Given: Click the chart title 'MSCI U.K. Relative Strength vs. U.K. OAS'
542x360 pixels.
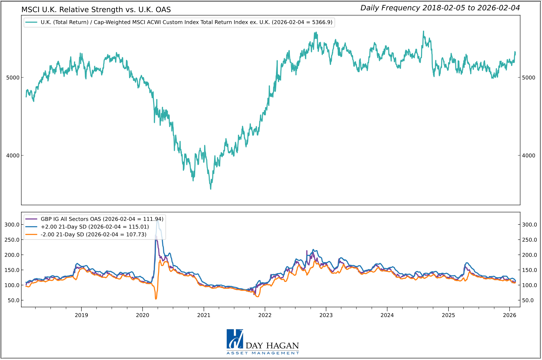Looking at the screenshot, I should pyautogui.click(x=96, y=10).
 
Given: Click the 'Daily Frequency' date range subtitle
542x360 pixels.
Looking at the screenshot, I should pyautogui.click(x=440, y=8).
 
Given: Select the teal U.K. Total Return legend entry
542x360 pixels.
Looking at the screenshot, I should pyautogui.click(x=179, y=22).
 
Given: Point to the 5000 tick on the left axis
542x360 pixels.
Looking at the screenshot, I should pyautogui.click(x=13, y=78).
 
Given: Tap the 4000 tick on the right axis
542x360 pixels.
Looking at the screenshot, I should pyautogui.click(x=528, y=156).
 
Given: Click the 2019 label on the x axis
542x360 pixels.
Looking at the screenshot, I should pyautogui.click(x=81, y=315).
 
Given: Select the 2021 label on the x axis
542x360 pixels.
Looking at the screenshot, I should pyautogui.click(x=204, y=315).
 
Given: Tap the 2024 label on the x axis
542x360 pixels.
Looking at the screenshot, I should pyautogui.click(x=387, y=315).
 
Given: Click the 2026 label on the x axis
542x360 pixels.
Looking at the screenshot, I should pyautogui.click(x=510, y=315).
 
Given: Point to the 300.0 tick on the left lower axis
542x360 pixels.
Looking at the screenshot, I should pyautogui.click(x=12, y=225).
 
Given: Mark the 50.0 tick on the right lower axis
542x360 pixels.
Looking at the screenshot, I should pyautogui.click(x=528, y=301).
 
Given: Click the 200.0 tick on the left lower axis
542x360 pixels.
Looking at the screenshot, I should pyautogui.click(x=12, y=255).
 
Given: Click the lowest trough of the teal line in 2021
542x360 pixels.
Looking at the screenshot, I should pyautogui.click(x=211, y=189).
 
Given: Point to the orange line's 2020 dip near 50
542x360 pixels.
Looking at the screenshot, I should pyautogui.click(x=156, y=299).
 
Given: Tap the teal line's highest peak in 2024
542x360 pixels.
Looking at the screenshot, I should pyautogui.click(x=424, y=31).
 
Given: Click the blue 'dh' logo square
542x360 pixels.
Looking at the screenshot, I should pyautogui.click(x=235, y=339).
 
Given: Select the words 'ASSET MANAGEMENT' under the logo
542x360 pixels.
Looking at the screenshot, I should pyautogui.click(x=263, y=353).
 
